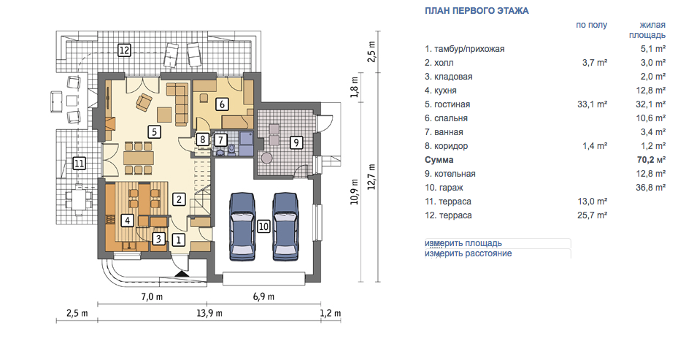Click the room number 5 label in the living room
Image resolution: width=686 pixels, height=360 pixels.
tap(154, 131)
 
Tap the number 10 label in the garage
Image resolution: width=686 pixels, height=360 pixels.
tap(263, 226)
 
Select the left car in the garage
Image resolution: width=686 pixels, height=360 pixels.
tap(242, 227)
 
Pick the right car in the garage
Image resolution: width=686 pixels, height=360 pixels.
tap(285, 227)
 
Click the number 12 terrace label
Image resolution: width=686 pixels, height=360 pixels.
tap(124, 50)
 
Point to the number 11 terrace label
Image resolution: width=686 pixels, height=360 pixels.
tap(80, 164)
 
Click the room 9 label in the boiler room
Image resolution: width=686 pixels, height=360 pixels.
tap(296, 142)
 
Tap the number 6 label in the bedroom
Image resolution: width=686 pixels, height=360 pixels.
tap(222, 104)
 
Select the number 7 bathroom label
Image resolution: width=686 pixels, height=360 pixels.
tap(220, 140)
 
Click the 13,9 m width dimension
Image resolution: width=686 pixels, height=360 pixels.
tap(209, 313)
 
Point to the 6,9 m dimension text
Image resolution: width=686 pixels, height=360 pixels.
tap(263, 296)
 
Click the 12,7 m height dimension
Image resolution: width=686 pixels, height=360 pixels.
tap(372, 177)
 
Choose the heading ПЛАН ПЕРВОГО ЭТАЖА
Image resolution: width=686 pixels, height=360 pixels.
tap(477, 11)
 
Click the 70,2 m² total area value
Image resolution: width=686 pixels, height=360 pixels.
tap(651, 160)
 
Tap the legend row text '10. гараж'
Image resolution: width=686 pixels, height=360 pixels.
tap(444, 188)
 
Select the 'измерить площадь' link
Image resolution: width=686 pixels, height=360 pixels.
tap(463, 243)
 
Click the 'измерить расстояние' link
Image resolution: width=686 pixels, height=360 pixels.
tap(468, 253)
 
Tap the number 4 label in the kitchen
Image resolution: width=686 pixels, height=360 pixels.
tap(127, 220)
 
